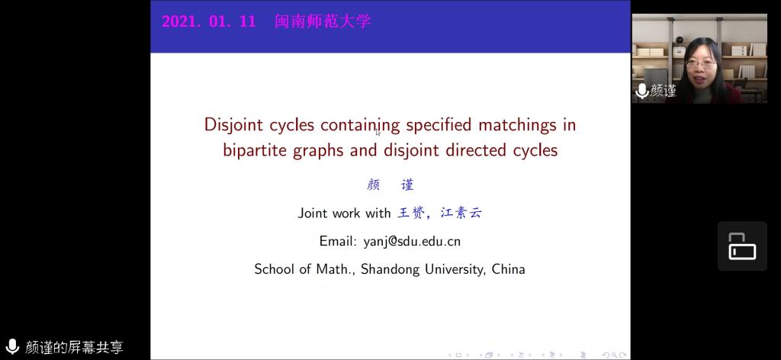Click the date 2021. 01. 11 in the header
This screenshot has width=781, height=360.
209,21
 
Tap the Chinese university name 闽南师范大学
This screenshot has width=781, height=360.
323,21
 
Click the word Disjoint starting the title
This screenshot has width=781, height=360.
234,125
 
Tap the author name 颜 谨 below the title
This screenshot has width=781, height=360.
390,185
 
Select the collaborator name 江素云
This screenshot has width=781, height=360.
461,213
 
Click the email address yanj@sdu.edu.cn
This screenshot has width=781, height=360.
412,242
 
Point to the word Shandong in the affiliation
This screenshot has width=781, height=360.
393,269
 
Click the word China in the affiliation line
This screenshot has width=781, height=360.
508,269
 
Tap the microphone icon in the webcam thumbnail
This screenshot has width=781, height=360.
642,91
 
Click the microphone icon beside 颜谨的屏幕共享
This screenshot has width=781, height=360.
12,346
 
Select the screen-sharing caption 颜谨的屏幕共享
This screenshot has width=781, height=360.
74,347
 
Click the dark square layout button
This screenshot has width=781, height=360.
742,246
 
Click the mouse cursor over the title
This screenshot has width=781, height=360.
378,132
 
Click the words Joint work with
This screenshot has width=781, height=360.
344,213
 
